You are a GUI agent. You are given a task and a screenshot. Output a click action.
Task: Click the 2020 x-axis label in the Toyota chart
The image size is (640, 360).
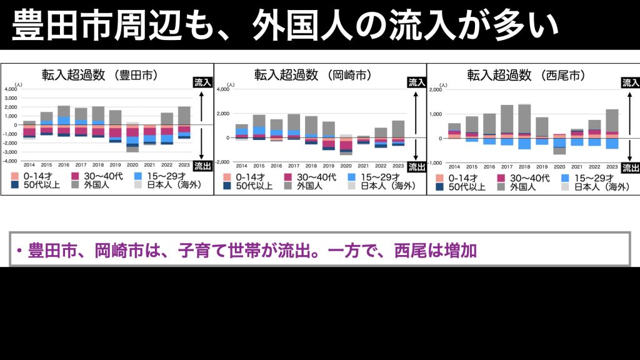[132, 164]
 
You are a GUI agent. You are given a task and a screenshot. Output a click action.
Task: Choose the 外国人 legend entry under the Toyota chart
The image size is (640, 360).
[95, 186]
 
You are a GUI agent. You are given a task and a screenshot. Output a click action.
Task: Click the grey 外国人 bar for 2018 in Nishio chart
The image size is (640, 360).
[524, 118]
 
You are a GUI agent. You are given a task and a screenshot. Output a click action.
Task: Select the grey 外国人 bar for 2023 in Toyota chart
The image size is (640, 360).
[184, 116]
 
